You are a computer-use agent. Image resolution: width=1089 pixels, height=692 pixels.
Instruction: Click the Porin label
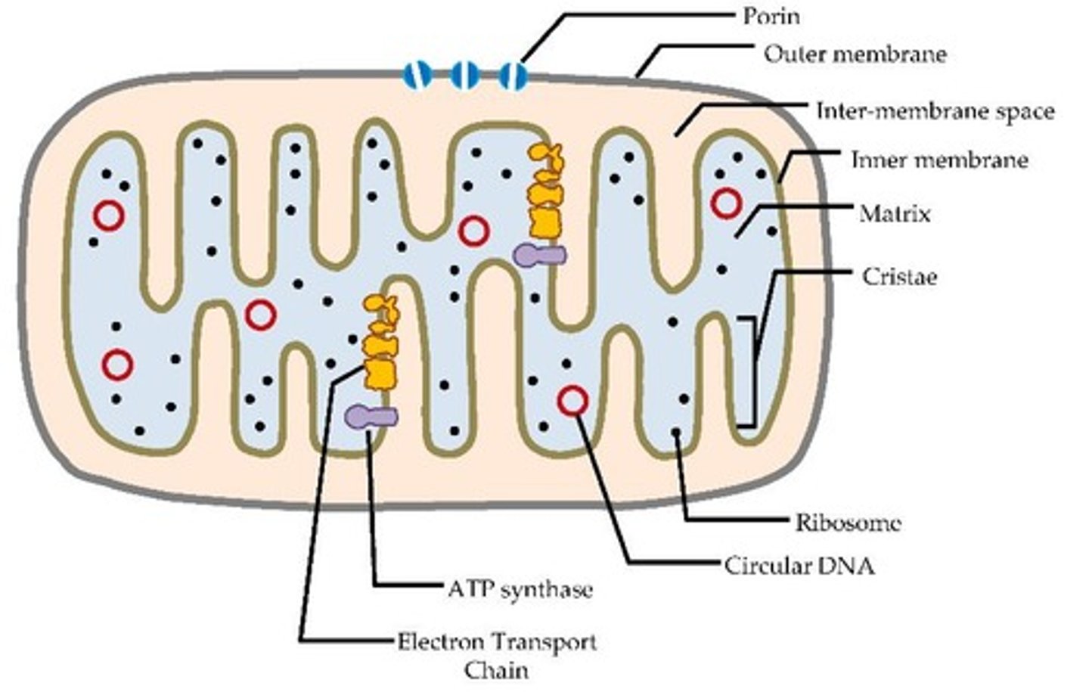coord(771,16)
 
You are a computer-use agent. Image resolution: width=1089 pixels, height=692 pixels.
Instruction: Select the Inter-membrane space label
coord(935,112)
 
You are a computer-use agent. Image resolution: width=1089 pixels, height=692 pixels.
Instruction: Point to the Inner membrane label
coord(939,160)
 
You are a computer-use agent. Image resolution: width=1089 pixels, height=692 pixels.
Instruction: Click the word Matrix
coord(895,214)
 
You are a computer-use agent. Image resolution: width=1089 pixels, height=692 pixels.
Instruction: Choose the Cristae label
coord(899,276)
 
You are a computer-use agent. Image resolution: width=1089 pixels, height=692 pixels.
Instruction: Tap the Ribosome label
coord(848,522)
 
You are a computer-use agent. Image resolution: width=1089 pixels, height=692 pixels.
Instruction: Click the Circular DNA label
coord(799,565)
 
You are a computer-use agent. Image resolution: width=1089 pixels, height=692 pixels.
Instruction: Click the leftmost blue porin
coord(417,74)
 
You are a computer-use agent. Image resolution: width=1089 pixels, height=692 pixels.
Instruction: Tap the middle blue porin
coord(464,74)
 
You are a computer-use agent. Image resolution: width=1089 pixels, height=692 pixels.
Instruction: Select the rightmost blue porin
coord(513,74)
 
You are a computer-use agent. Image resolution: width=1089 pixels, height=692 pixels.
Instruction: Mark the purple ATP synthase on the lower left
coord(371,415)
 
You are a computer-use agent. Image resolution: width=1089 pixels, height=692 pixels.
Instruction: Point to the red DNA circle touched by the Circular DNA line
coord(572,400)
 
